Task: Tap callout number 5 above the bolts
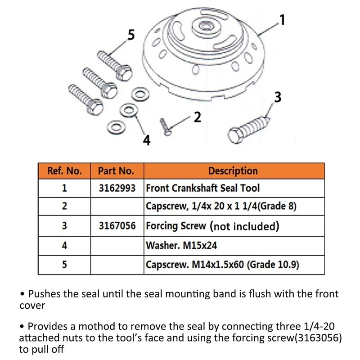[131, 35]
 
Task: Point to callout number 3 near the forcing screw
[278, 97]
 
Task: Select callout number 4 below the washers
[146, 140]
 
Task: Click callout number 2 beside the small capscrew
[197, 117]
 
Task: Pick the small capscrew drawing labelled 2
[165, 125]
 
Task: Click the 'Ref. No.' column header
[64, 171]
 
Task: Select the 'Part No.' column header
[116, 171]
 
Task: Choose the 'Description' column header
[233, 171]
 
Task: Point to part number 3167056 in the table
[117, 226]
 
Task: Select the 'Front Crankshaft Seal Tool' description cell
[202, 188]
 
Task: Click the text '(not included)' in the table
[244, 226]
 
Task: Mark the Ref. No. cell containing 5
[64, 265]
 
